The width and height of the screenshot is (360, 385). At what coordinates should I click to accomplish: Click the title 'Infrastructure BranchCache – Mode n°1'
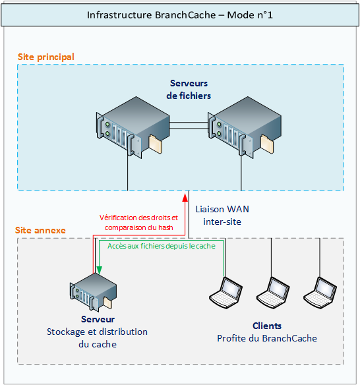(x=180, y=15)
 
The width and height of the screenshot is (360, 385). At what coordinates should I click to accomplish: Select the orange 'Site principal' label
(x=45, y=57)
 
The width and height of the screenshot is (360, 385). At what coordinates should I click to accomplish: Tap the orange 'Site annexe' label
(x=40, y=230)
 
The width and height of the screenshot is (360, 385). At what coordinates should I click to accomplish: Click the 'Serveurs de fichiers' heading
(x=189, y=89)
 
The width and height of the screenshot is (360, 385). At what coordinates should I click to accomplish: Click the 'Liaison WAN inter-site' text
(x=222, y=215)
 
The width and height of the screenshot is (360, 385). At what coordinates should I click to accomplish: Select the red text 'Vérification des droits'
(x=138, y=218)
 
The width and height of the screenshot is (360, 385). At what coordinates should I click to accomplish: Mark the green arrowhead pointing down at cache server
(x=98, y=270)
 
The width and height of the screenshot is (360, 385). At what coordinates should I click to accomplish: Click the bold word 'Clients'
(x=267, y=326)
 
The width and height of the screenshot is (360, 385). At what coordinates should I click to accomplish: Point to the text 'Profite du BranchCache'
(x=267, y=338)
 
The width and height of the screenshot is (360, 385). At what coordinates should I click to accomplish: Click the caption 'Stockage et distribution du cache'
(x=97, y=338)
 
